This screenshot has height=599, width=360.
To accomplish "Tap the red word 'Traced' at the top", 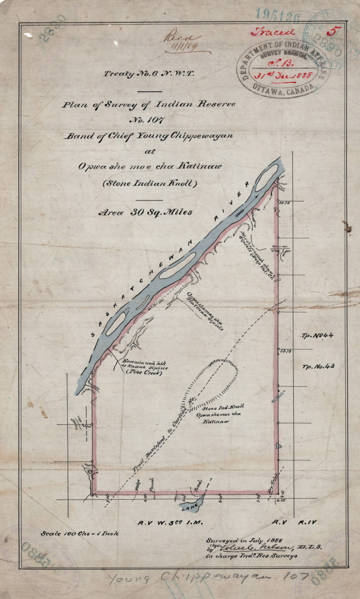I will click(273, 32).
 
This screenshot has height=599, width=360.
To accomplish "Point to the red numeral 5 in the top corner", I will click(331, 32).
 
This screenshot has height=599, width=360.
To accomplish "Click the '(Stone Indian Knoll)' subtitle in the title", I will click(150, 183).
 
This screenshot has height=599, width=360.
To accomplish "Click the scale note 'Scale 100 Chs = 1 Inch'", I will click(80, 534).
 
